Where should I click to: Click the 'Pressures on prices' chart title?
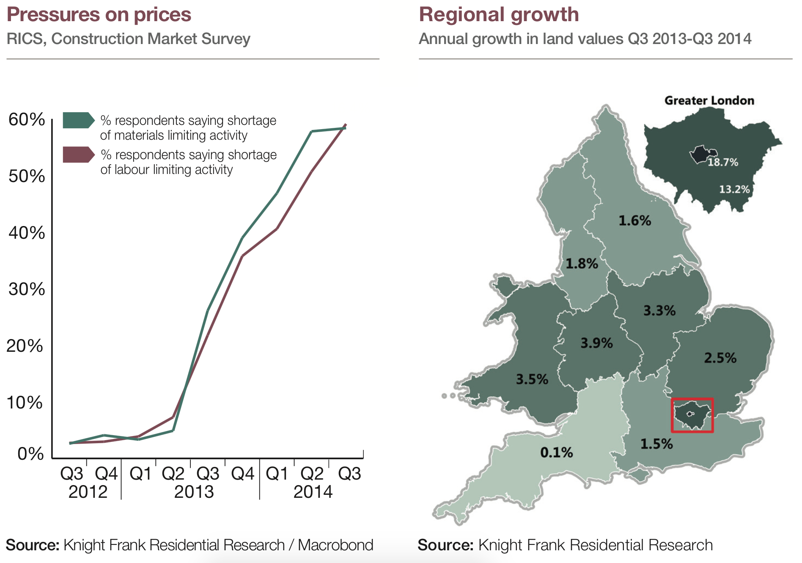[x=99, y=14]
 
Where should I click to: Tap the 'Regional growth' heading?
[x=499, y=14]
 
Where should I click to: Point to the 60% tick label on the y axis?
[x=27, y=120]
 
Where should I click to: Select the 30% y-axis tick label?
[x=27, y=290]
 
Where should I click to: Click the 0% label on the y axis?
[x=30, y=454]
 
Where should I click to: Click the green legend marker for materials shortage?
[x=78, y=120]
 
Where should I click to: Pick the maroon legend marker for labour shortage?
[x=78, y=155]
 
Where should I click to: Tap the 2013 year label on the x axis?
[x=194, y=492]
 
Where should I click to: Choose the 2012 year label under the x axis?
[x=88, y=492]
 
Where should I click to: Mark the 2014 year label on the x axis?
[x=313, y=492]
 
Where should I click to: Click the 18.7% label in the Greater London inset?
[x=723, y=162]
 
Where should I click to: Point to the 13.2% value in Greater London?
[x=734, y=189]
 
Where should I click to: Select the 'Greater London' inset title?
[x=709, y=101]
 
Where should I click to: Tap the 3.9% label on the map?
[x=596, y=343]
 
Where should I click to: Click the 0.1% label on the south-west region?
[x=556, y=453]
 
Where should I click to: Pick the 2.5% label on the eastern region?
[x=720, y=358]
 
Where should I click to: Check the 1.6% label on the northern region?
[x=634, y=221]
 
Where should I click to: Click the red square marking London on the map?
[x=692, y=415]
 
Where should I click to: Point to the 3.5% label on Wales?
[x=532, y=379]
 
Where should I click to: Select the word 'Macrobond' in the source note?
[x=335, y=545]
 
